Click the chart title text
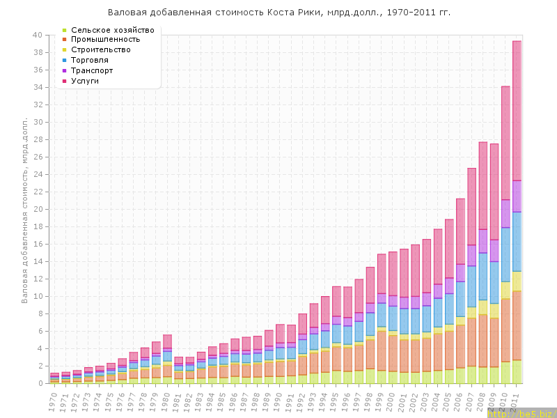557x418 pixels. pos(279,13)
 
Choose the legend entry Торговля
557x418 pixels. pos(94,61)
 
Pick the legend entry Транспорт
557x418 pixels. pos(96,70)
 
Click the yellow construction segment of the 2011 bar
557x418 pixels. pos(517,281)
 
